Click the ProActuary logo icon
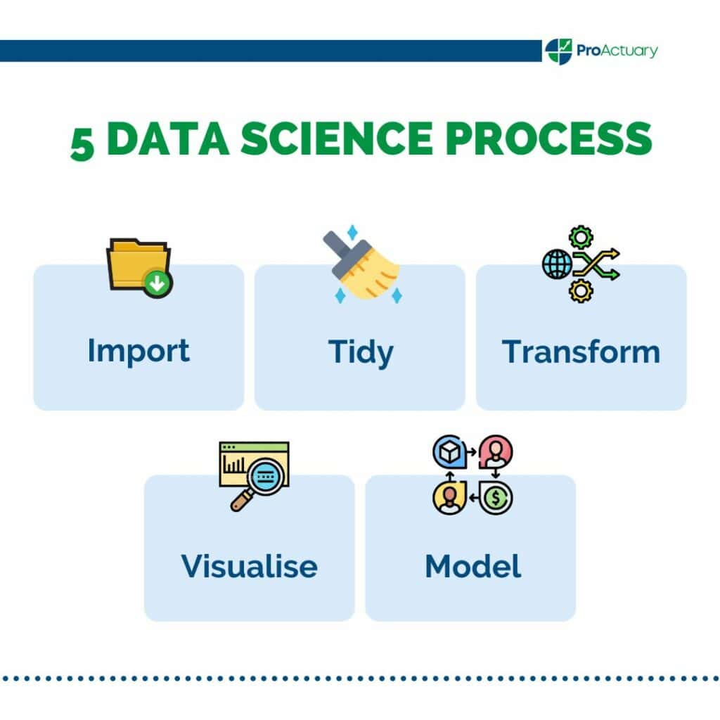[559, 51]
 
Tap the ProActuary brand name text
[617, 51]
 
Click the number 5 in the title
[82, 143]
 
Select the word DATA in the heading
[168, 139]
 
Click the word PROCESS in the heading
[549, 139]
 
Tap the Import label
[139, 350]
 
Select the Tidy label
[360, 352]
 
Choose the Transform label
[581, 351]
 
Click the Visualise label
[249, 565]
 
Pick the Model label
[472, 565]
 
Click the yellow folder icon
[136, 264]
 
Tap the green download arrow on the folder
[158, 283]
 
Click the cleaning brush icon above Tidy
[361, 266]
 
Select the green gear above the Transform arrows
[581, 237]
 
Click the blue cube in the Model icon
[447, 452]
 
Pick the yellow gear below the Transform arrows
[581, 290]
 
